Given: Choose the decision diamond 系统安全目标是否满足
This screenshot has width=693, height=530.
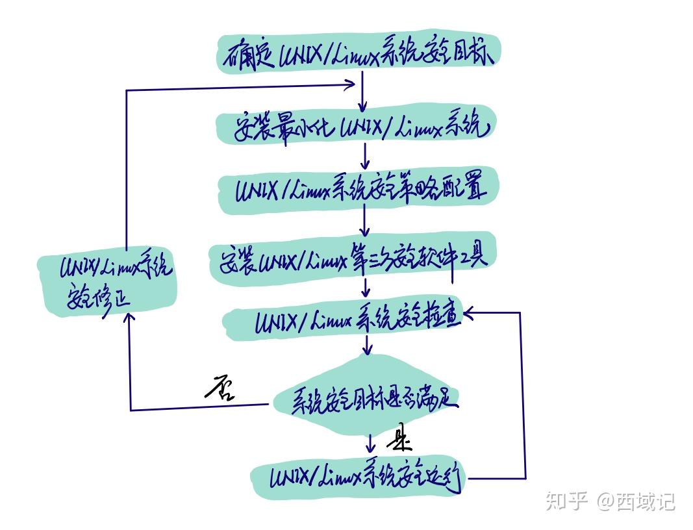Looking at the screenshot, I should click(367, 399).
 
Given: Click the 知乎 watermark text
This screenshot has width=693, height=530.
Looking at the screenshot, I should click(567, 501).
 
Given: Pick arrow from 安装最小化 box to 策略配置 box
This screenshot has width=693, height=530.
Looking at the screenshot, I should click(366, 156).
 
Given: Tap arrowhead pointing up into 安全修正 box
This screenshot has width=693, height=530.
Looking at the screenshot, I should click(130, 318).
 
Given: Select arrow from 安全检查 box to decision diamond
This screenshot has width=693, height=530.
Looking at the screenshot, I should click(368, 344).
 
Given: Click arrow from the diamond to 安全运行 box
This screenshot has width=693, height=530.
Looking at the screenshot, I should click(370, 444).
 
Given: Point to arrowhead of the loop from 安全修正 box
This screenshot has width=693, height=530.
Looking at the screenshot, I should click(350, 84).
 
